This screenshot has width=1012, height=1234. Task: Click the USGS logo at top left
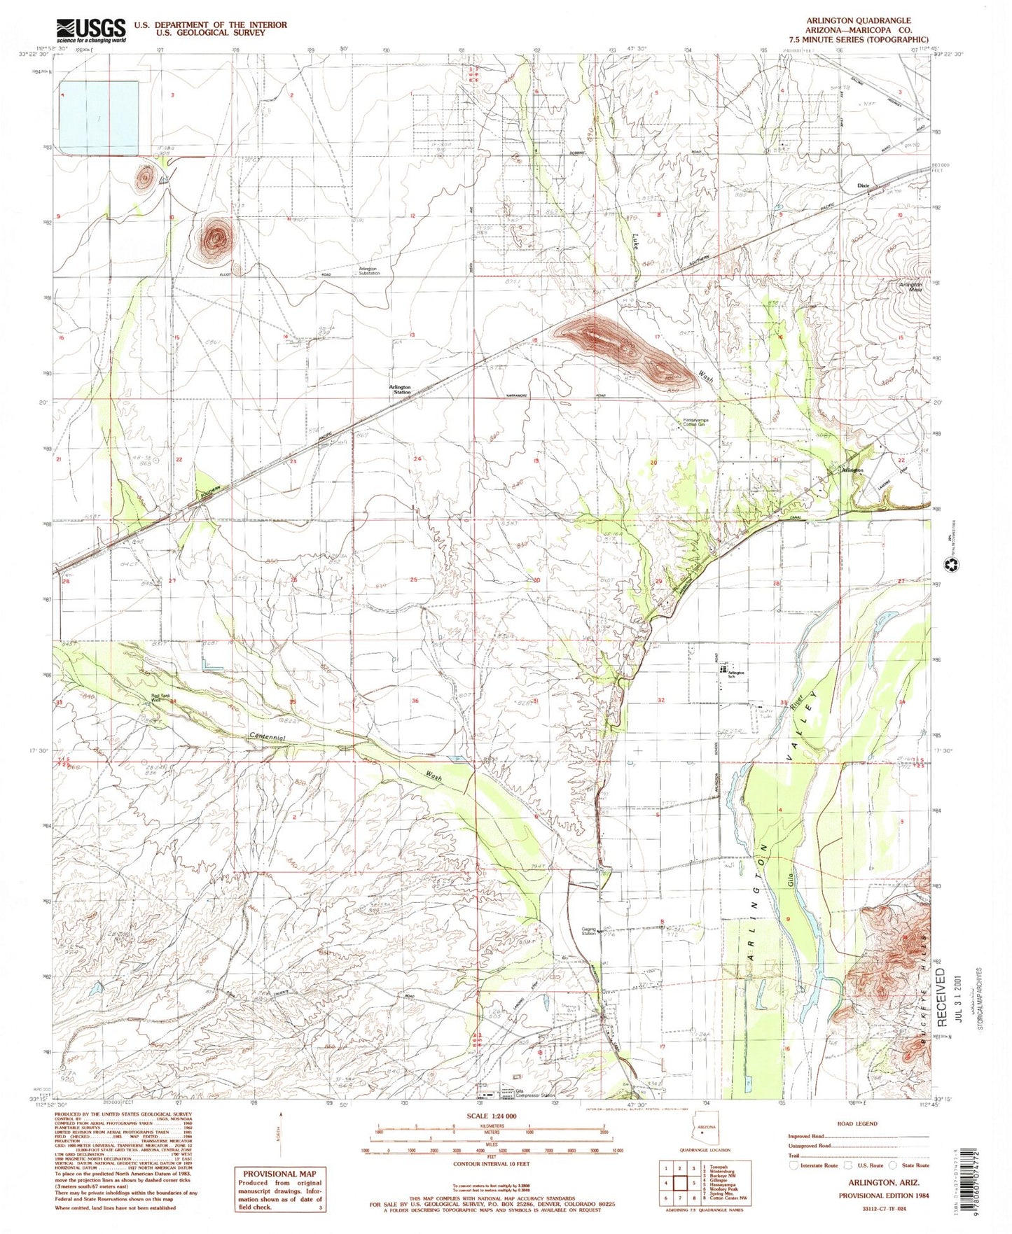(x=91, y=30)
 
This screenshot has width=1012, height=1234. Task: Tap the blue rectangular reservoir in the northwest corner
(x=99, y=116)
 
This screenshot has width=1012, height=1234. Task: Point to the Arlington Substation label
(x=368, y=271)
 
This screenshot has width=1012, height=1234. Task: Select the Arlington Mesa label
(x=911, y=287)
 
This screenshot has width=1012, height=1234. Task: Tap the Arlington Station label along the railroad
(x=401, y=390)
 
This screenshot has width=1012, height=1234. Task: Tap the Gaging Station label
(x=588, y=931)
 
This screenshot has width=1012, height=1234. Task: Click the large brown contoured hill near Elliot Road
(x=215, y=237)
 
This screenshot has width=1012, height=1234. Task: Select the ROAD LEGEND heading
(x=857, y=1123)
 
